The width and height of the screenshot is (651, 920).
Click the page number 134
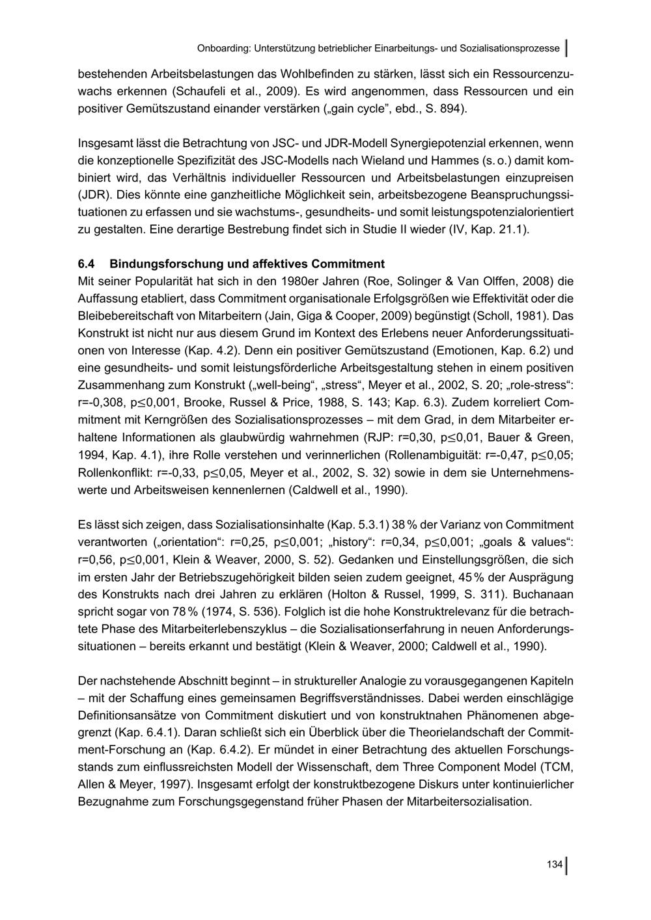coord(554,865)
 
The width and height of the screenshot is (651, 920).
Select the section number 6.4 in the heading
coord(86,264)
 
